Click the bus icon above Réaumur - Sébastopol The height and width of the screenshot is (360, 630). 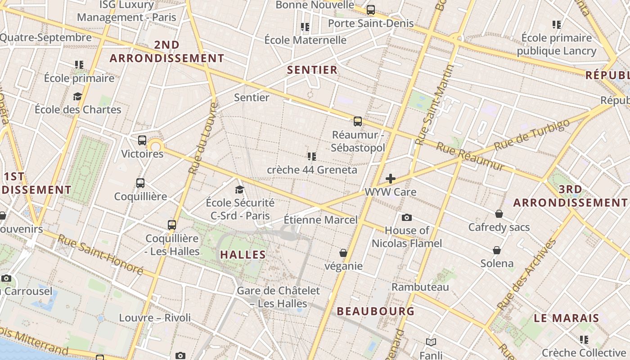point(358,121)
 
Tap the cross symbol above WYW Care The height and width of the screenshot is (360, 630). point(391,179)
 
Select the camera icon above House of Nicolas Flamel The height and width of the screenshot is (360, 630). point(407,218)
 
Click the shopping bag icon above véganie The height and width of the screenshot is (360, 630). point(343,253)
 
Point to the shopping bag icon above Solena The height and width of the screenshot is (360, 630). point(497,250)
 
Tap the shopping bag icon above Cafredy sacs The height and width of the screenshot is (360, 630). point(499,214)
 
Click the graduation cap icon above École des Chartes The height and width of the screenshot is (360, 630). point(78,97)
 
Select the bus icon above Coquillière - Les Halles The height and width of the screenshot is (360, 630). point(171,225)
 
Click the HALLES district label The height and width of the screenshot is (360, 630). point(243,255)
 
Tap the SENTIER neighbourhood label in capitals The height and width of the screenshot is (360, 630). point(312,70)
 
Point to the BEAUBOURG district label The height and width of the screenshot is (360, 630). point(376,311)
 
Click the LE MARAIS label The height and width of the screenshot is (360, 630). point(567,318)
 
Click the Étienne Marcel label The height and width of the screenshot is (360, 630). point(320,220)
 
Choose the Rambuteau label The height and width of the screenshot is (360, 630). point(420,287)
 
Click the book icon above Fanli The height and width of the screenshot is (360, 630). point(431,342)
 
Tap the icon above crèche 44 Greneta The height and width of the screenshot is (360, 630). point(311,157)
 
